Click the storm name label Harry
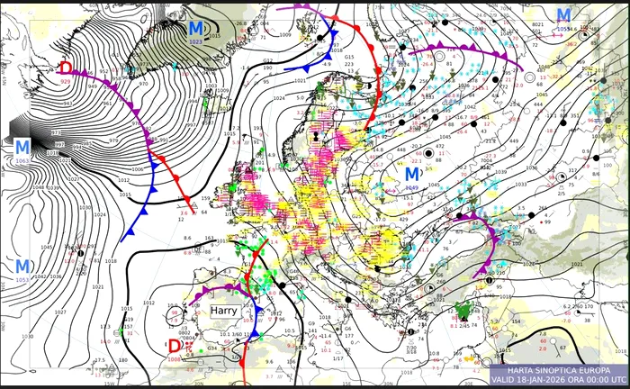[x=225, y=309]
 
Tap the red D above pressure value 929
[x=65, y=68]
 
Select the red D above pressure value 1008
[x=174, y=346]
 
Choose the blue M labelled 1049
[x=412, y=173]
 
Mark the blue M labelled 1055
[x=563, y=15]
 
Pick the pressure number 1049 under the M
[x=412, y=186]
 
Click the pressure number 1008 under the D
[x=174, y=358]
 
